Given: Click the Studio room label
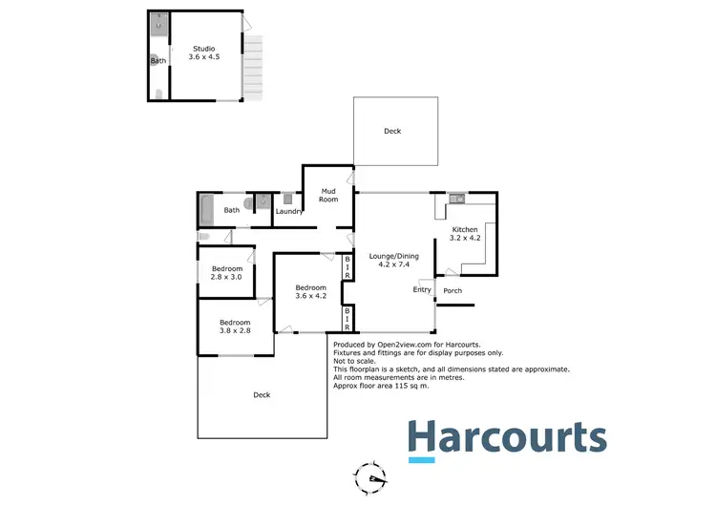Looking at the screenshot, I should tap(203, 53).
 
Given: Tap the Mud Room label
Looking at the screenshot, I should tap(329, 195).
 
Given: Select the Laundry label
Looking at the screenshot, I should tap(289, 211).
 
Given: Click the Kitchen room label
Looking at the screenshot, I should tap(465, 235).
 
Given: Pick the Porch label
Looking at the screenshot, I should tap(453, 291).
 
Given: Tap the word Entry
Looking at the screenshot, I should tap(422, 289).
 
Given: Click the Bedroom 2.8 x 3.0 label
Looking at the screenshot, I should tap(227, 274).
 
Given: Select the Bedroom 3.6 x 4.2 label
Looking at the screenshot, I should tap(310, 292).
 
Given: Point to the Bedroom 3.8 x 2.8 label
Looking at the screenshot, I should tap(235, 327).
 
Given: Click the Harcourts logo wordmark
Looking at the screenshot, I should tap(507, 437).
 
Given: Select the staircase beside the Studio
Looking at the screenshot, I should tap(253, 68).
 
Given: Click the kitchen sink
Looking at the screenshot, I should tap(456, 199).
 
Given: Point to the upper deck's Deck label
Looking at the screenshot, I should tap(392, 131).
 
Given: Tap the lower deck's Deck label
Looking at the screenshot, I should tap(262, 395).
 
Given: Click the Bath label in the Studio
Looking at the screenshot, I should tap(158, 61).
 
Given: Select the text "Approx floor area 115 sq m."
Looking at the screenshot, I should tap(381, 386).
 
